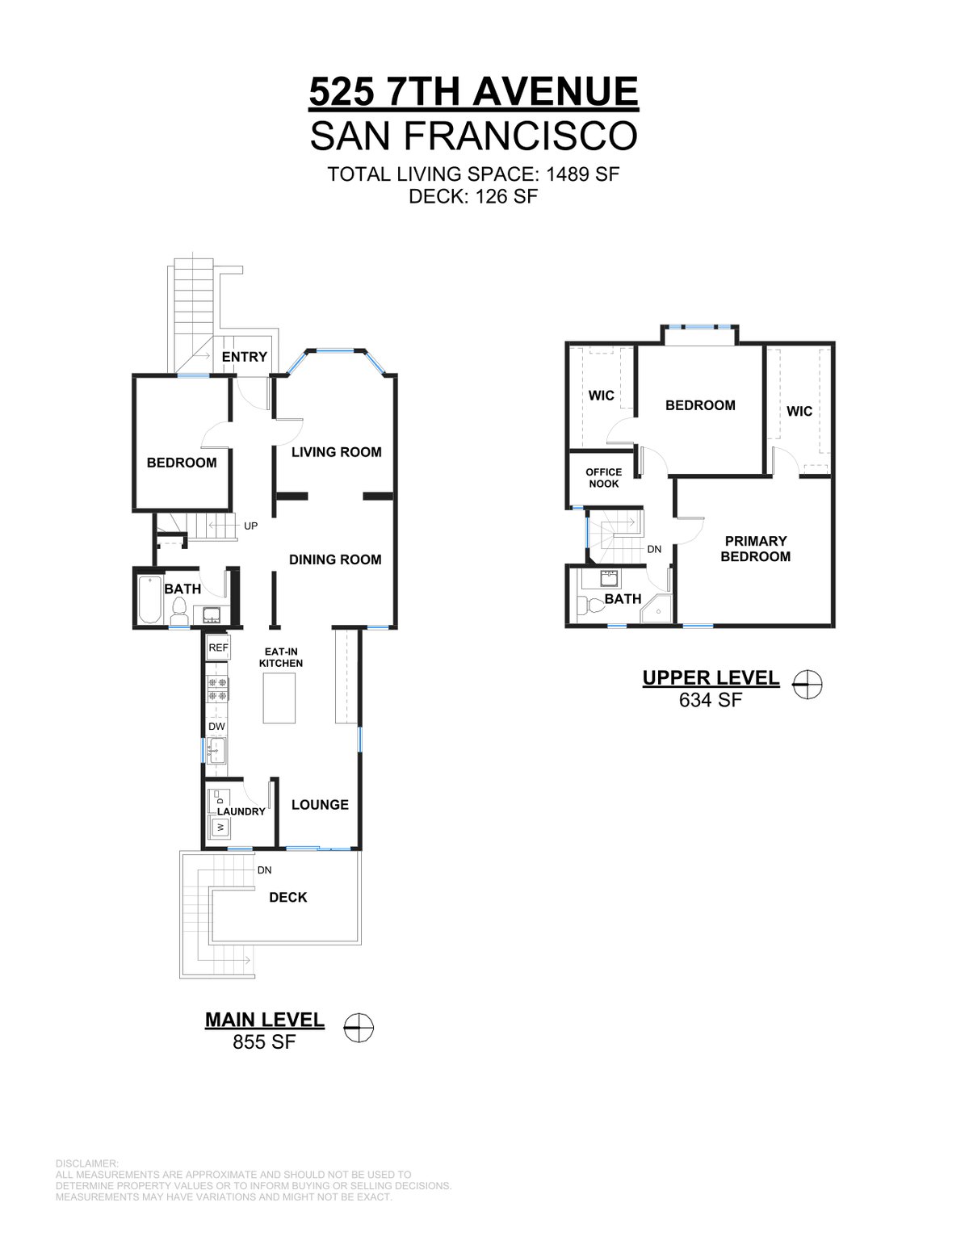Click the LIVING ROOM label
[x=336, y=452]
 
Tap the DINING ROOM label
[x=335, y=559]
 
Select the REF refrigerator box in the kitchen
[x=219, y=647]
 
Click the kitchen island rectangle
[x=279, y=698]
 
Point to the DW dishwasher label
[x=216, y=727]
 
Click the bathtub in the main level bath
[x=149, y=600]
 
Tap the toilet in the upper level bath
[x=588, y=606]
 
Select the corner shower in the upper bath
[x=657, y=608]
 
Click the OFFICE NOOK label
[x=603, y=478]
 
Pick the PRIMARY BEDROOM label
[x=755, y=549]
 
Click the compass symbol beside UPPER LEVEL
[x=807, y=685]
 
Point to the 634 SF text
[x=711, y=700]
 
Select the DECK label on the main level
[x=288, y=897]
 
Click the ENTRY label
[x=245, y=357]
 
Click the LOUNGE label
[x=320, y=804]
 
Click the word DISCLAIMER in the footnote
[x=87, y=1164]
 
